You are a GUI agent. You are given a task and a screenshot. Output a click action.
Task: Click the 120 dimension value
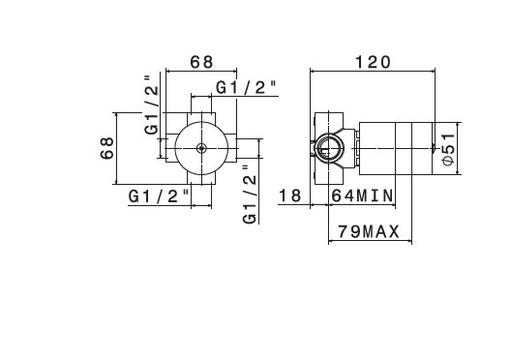pyautogui.click(x=373, y=62)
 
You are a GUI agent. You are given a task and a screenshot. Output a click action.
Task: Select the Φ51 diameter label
pyautogui.click(x=449, y=149)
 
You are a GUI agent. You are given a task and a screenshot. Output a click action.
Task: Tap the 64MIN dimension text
pyautogui.click(x=362, y=195)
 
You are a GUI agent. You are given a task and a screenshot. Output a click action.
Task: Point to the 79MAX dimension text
pyautogui.click(x=369, y=232)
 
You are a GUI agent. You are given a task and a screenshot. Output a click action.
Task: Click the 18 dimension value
pyautogui.click(x=289, y=195)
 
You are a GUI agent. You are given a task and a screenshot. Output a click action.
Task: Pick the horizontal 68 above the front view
pyautogui.click(x=201, y=62)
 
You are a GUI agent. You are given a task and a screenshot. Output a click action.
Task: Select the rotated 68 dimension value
pyautogui.click(x=106, y=148)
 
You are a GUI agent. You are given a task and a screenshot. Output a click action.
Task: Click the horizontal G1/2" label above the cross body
pyautogui.click(x=247, y=88)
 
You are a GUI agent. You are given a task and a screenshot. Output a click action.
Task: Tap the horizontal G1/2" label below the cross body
pyautogui.click(x=159, y=196)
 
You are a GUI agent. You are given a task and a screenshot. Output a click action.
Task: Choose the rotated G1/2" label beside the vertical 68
pyautogui.click(x=152, y=105)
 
